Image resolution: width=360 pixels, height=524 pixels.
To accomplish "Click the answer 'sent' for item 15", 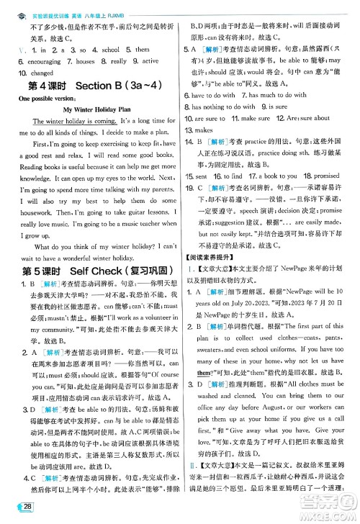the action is (206, 176).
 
